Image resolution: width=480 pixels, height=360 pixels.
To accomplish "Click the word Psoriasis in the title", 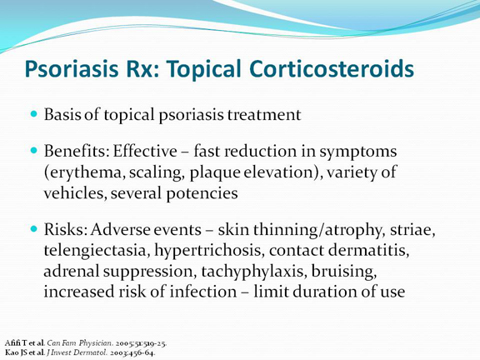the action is coord(72,69).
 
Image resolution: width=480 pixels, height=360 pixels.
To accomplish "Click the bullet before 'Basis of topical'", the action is coord(34,114).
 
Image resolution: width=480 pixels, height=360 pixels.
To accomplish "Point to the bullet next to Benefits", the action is coord(34,151).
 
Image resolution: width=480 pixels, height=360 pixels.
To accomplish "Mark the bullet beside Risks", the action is coord(34,228).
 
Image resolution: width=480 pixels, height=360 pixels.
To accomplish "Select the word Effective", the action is coord(145,151).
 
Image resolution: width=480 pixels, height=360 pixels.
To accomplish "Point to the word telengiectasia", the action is coord(97,251).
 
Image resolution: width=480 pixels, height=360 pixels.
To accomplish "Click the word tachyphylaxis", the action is coord(254,272).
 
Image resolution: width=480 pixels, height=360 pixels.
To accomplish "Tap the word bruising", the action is coord(344,272).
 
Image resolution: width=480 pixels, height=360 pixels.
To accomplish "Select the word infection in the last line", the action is coord(203,292).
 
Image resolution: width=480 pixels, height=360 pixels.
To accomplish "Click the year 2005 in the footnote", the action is coord(123,343).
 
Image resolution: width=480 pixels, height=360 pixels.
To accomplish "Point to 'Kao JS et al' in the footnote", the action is coord(25,352).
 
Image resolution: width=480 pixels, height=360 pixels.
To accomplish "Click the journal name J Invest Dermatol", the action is coord(77,352).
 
